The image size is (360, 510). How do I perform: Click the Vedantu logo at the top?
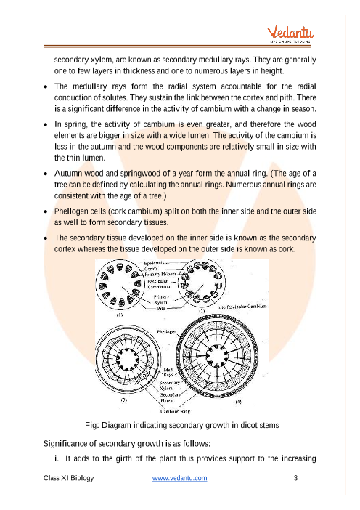290,34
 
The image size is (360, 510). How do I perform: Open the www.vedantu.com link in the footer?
180,478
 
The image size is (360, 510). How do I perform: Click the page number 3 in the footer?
295,478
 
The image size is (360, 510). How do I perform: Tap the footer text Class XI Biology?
68,478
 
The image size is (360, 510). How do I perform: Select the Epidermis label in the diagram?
154,263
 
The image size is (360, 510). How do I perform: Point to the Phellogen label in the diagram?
167,332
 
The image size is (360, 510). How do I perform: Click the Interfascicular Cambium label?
242,307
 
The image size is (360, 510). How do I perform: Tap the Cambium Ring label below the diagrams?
176,411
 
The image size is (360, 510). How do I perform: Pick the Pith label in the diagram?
161,308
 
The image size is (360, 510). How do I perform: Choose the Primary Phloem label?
160,274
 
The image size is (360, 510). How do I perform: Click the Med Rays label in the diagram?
168,373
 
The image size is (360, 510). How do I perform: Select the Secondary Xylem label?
169,386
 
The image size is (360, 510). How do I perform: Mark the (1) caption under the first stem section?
120,315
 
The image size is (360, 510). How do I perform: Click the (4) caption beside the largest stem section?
238,402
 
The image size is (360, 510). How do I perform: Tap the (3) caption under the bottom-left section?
124,400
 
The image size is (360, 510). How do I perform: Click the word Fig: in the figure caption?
92,425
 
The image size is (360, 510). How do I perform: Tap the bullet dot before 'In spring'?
46,124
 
